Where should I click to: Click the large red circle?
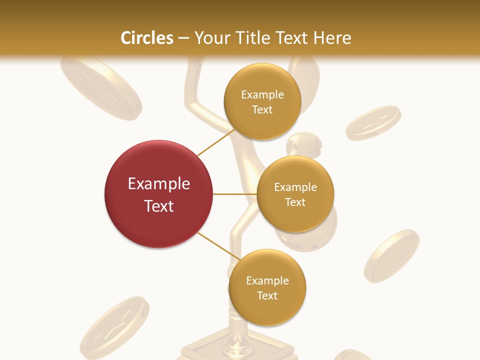pyautogui.click(x=159, y=194)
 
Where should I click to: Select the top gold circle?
pyautogui.click(x=262, y=101)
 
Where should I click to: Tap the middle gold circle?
pyautogui.click(x=295, y=194)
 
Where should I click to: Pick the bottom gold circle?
pyautogui.click(x=267, y=287)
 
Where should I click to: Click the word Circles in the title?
pyautogui.click(x=146, y=38)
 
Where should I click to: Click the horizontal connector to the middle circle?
pyautogui.click(x=235, y=194)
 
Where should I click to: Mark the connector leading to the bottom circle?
pyautogui.click(x=218, y=247)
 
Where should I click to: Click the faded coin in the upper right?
pyautogui.click(x=373, y=123)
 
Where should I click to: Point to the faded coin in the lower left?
pyautogui.click(x=114, y=327)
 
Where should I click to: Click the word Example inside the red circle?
pyautogui.click(x=159, y=184)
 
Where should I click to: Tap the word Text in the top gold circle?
pyautogui.click(x=262, y=110)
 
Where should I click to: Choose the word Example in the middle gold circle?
pyautogui.click(x=295, y=187)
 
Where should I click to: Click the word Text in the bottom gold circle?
pyautogui.click(x=267, y=295)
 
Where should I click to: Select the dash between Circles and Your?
pyautogui.click(x=183, y=38)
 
